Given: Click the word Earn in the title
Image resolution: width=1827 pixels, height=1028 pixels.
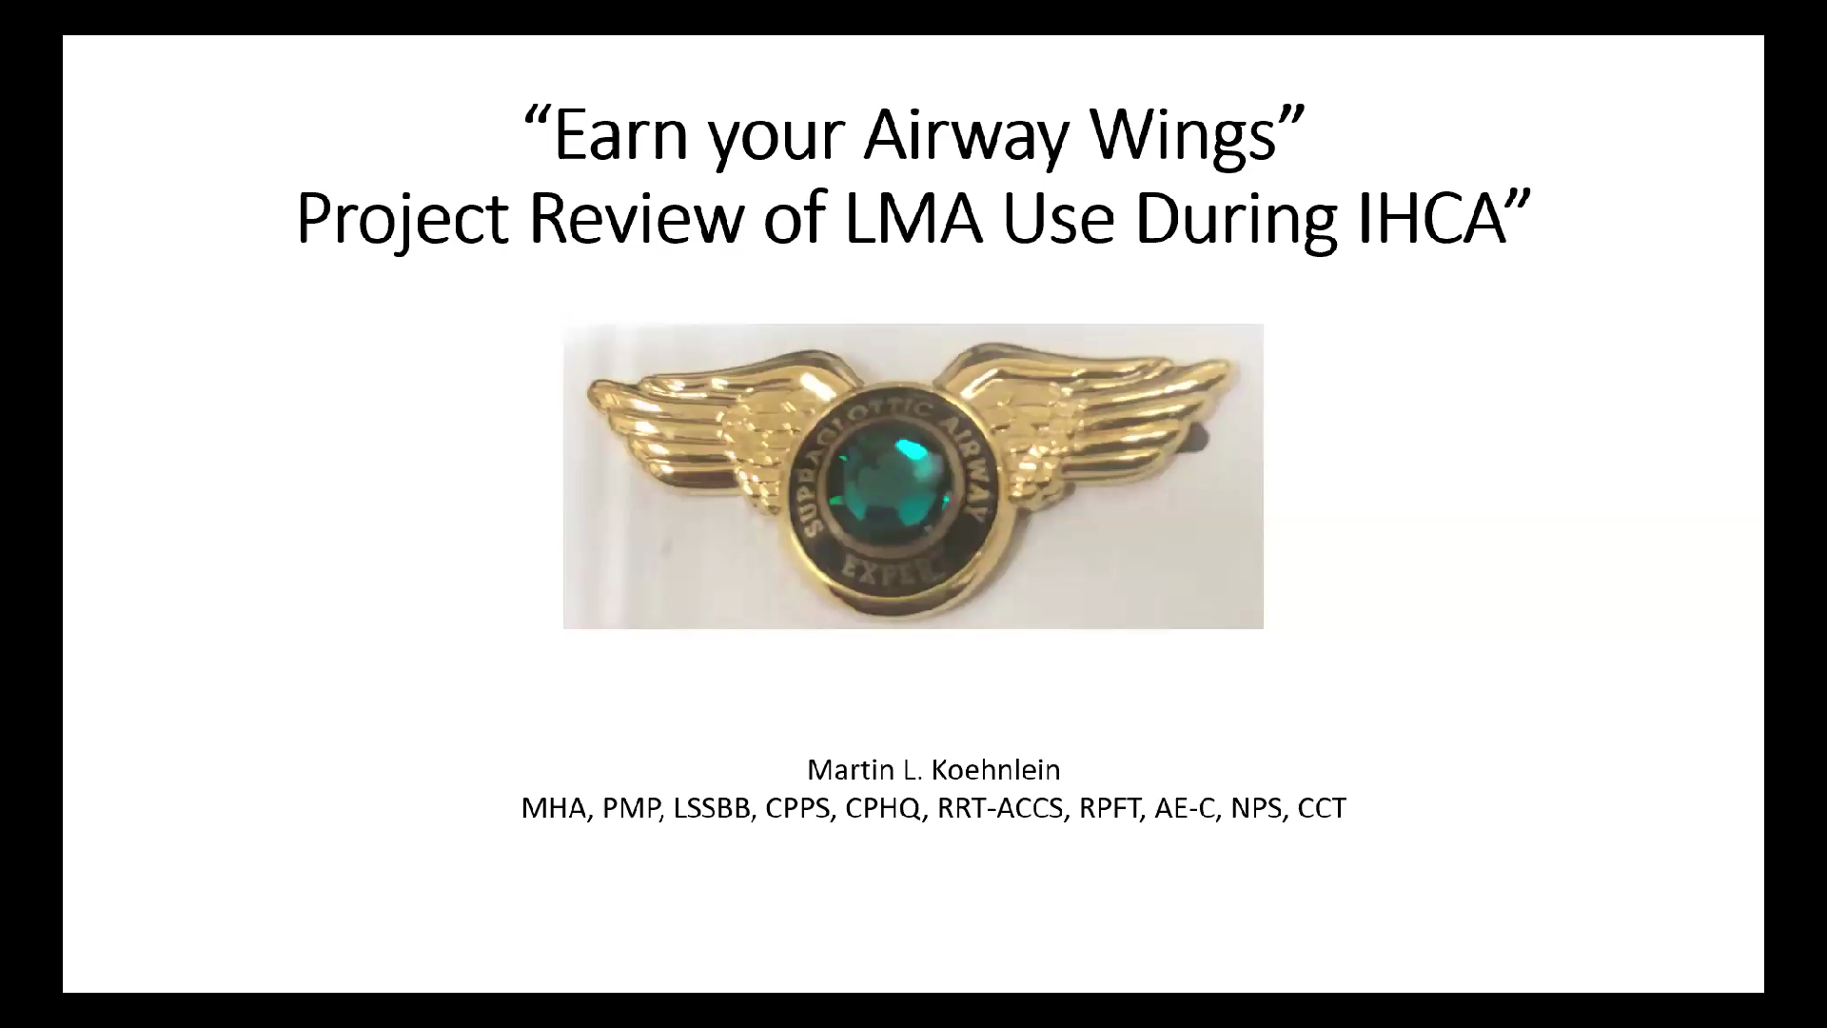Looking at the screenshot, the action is click(619, 134).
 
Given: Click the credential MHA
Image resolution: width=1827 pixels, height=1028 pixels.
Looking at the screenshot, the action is click(555, 808).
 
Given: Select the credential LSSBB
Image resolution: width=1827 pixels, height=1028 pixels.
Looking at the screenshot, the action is click(711, 808).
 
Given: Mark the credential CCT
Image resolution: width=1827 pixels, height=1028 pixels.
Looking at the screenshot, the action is click(1322, 808).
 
